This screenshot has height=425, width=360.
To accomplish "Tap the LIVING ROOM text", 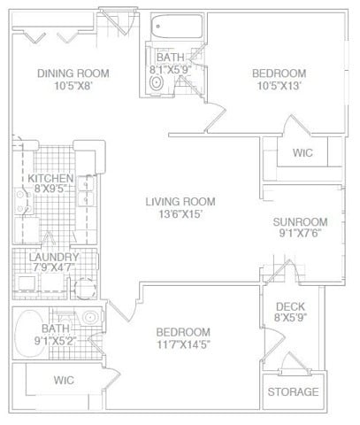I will (x=180, y=202).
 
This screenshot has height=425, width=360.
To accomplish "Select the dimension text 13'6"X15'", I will (x=180, y=215).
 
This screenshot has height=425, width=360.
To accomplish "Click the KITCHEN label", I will (x=44, y=178).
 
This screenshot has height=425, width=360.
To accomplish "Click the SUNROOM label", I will (x=300, y=222).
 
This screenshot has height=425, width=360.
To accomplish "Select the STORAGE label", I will (x=293, y=391).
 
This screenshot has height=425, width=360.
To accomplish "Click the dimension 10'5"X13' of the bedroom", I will (x=279, y=87).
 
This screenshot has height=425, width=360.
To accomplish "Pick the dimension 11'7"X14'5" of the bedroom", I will (x=185, y=344).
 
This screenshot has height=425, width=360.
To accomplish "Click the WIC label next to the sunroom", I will (x=303, y=153).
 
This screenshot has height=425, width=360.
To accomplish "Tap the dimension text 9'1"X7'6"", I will (x=300, y=236).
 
